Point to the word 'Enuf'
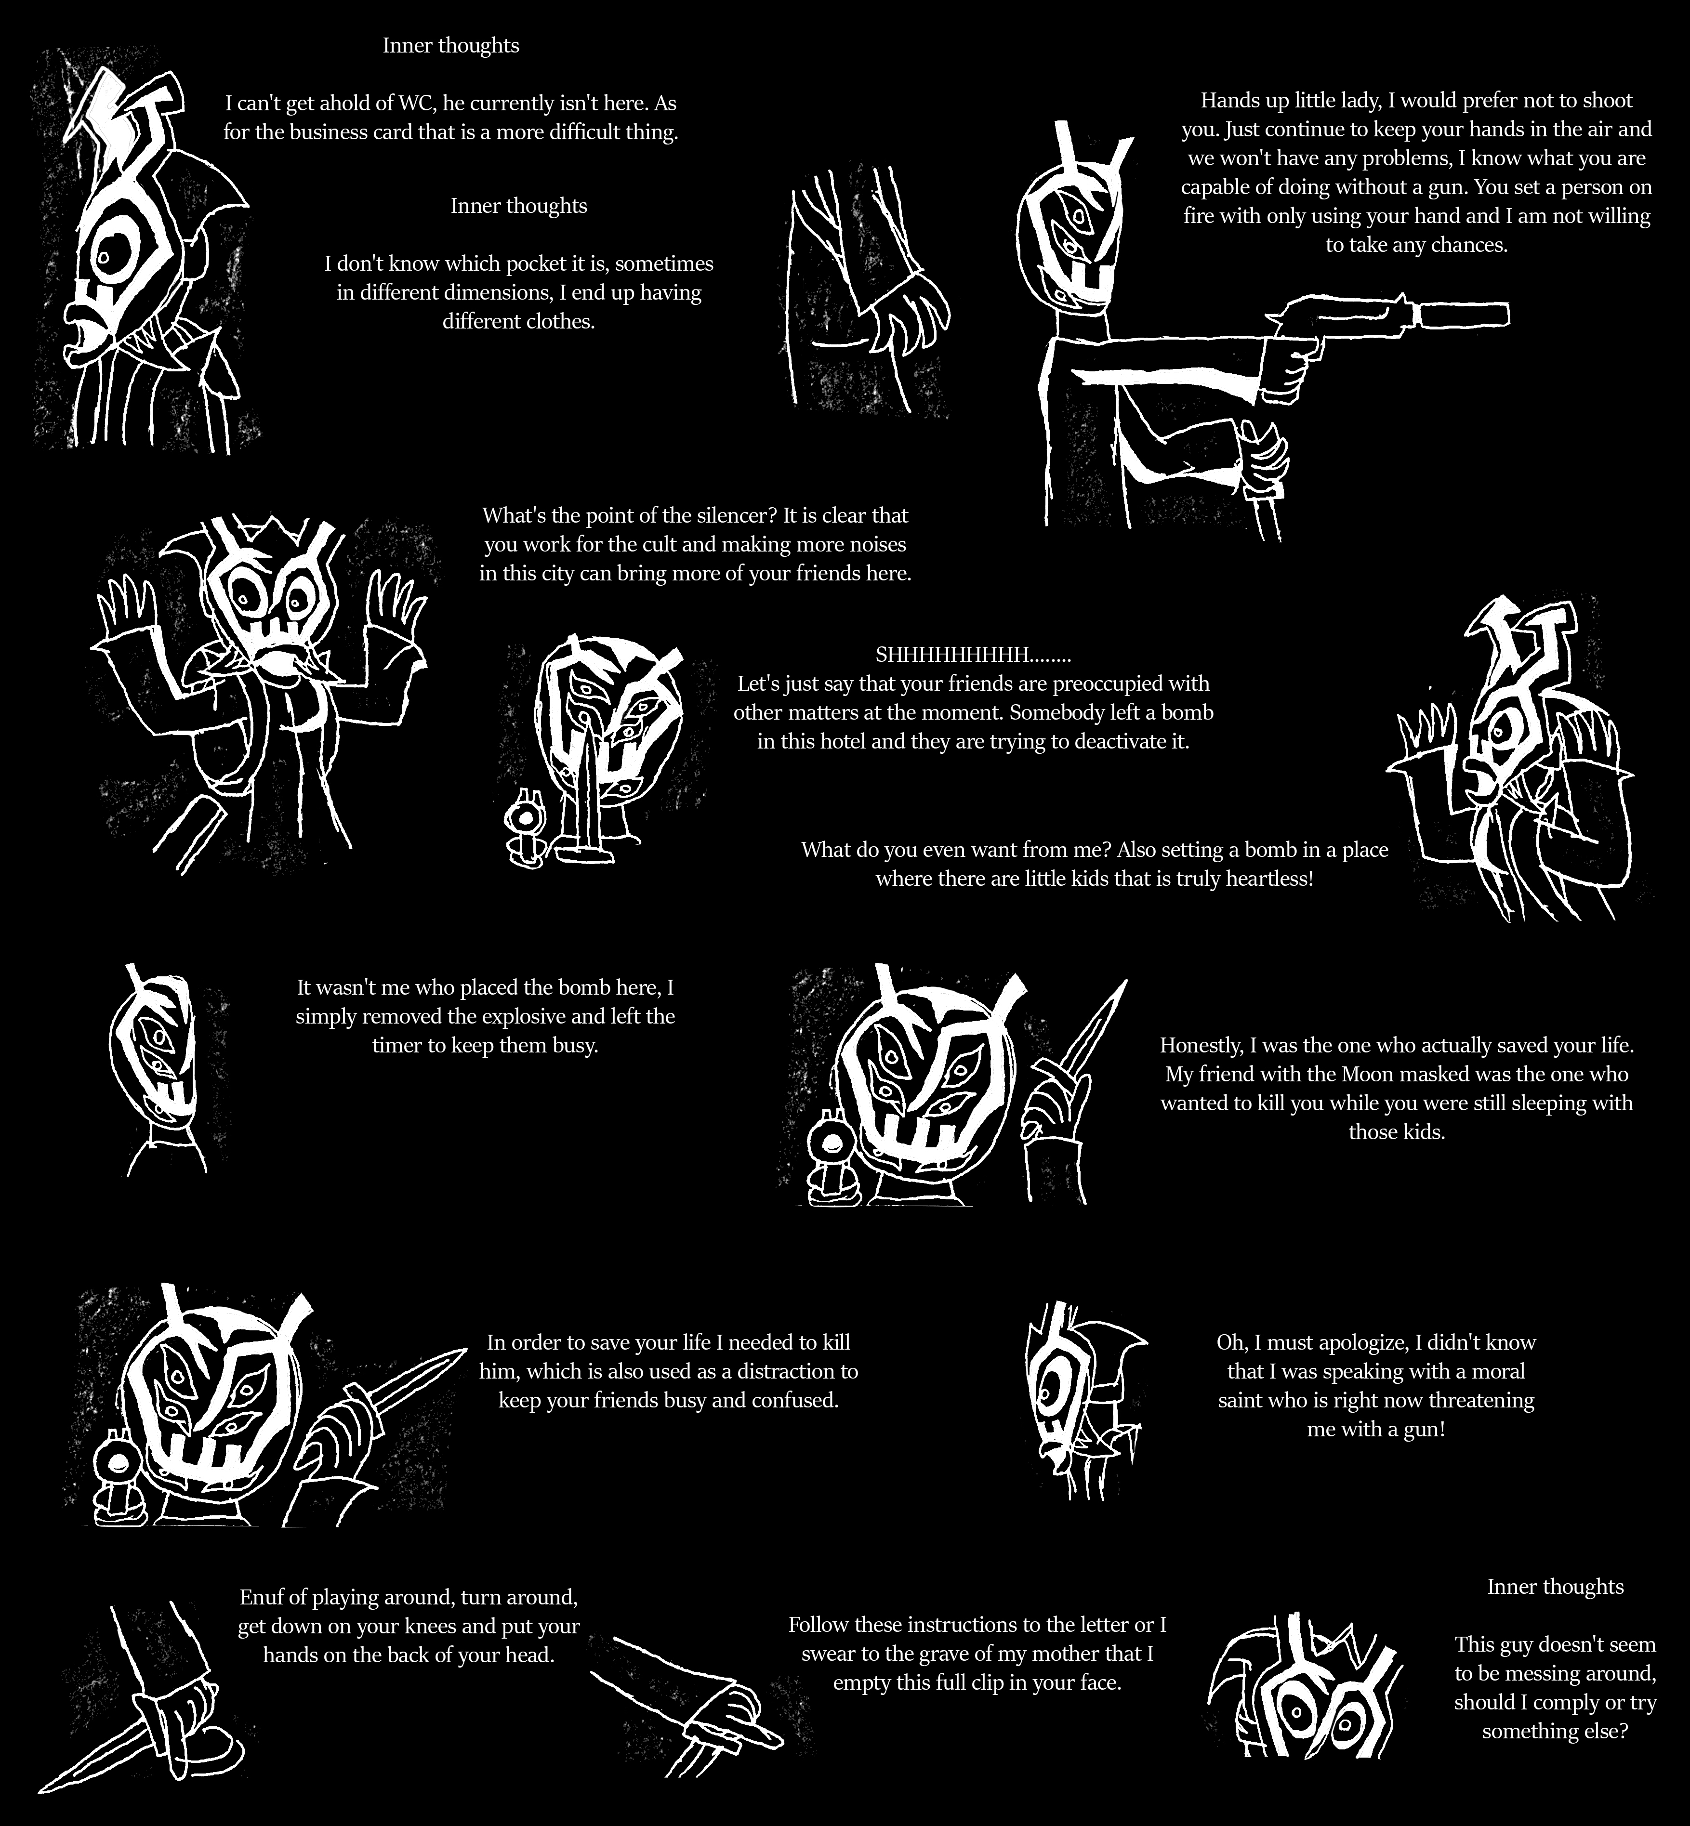coord(262,1597)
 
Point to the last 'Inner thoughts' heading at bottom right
coord(1556,1587)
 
